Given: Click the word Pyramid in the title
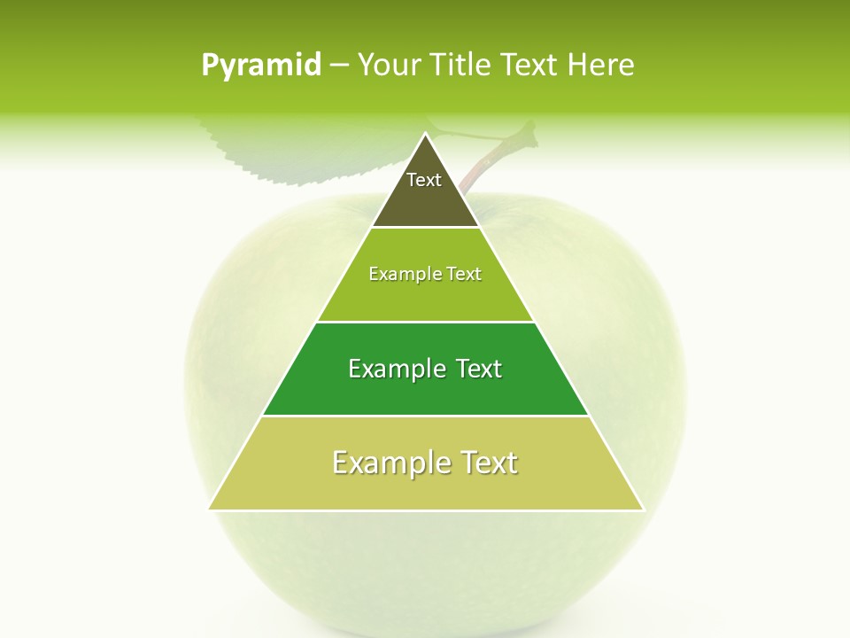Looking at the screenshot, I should [x=261, y=66].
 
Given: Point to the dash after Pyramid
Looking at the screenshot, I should [x=338, y=66].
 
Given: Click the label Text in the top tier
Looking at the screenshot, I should [x=424, y=180].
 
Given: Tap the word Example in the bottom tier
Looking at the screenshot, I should [x=390, y=463].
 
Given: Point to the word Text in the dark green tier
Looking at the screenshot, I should [x=478, y=369].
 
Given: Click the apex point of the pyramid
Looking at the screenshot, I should [x=426, y=134].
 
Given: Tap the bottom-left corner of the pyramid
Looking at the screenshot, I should [x=209, y=510].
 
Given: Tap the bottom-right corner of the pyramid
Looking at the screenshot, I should [x=644, y=510].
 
